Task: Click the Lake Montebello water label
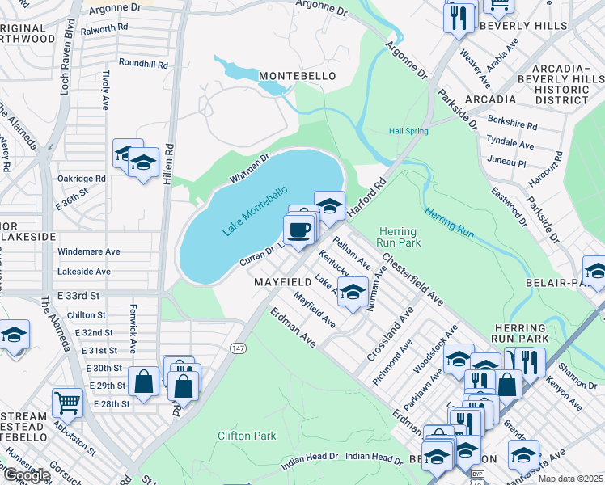point(255,211)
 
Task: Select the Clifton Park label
point(247,436)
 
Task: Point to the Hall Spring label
point(408,131)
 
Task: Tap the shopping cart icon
point(68,402)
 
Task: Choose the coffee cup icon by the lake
point(299,229)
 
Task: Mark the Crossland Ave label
point(389,333)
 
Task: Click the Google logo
point(26,475)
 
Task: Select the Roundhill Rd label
point(143,63)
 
